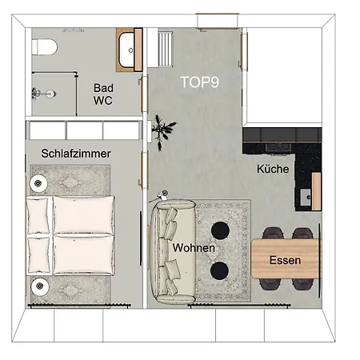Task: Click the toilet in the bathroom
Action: pos(44,47)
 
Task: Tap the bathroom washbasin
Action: pos(126,50)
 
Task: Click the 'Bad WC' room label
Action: pos(103,94)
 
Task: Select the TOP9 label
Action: pos(199,82)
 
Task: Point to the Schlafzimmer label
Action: pos(76,154)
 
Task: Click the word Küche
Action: pos(273,169)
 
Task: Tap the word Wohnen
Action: pos(194,248)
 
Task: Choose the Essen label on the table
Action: pos(285,260)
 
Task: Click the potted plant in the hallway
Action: pos(162,131)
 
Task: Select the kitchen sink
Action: pos(306,197)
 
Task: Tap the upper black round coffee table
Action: pos(220,230)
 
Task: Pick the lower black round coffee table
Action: pos(219,270)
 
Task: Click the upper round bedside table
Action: pos(38,183)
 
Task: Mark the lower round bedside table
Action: pos(40,286)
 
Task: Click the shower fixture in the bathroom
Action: pos(44,94)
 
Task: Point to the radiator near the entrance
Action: pos(166,48)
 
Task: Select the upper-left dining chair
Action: pos(273,233)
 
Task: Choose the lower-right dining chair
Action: pos(302,284)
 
